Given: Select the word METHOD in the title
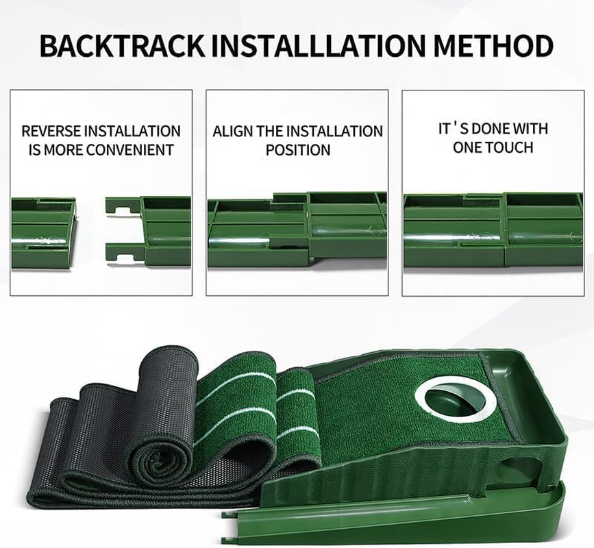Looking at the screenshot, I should [x=491, y=46].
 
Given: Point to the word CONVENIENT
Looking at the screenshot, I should [x=127, y=149].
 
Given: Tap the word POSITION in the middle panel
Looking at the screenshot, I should [x=298, y=149].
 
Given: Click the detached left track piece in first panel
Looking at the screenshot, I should [x=42, y=233].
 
